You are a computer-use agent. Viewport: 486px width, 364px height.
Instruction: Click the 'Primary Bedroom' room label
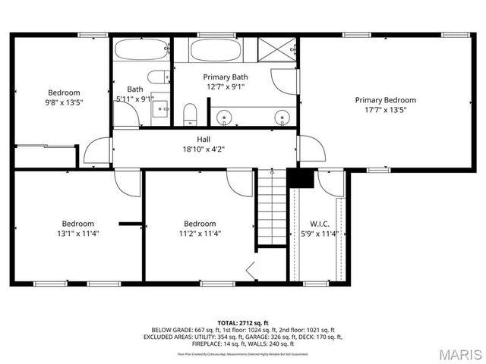tap(385, 100)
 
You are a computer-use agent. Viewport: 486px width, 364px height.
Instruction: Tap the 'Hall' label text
tap(204, 140)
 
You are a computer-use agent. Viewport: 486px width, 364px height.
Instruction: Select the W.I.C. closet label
tap(319, 224)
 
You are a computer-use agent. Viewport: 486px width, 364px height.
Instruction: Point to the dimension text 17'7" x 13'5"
tap(385, 110)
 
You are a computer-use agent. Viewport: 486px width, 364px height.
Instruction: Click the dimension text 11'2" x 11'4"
tap(200, 234)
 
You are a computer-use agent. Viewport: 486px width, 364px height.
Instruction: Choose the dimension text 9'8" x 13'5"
tap(64, 102)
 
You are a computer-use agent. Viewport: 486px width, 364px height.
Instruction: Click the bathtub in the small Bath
tap(141, 51)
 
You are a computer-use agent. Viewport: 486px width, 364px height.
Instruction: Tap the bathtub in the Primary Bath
tap(216, 51)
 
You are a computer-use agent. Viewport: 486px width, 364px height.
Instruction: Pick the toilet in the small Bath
tap(159, 77)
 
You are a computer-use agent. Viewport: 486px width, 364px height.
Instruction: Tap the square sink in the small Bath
tap(162, 108)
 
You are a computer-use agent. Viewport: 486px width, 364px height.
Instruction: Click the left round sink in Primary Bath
tap(224, 117)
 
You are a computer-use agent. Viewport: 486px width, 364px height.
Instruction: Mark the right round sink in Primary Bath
tap(282, 117)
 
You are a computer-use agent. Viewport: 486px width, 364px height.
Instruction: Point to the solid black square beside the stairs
tap(301, 178)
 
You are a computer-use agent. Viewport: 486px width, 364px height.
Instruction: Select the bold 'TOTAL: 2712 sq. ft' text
tap(242, 322)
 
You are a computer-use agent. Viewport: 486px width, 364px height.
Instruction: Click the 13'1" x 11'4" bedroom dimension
tap(78, 234)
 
